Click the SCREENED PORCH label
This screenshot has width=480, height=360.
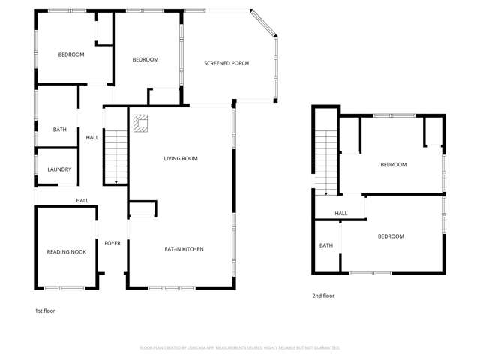pos(226,63)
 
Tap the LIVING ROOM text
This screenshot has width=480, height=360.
pos(181,158)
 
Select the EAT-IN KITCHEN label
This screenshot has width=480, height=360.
pos(184,249)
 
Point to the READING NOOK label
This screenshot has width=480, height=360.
pos(67,252)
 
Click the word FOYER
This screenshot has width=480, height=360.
pos(112,243)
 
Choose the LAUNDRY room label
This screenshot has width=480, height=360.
pos(59,169)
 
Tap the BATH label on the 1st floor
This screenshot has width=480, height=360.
pos(59,130)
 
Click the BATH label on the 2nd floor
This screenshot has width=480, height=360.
pos(326,245)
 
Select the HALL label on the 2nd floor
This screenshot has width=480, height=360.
pos(341,214)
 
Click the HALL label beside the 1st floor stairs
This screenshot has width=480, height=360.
pos(92,137)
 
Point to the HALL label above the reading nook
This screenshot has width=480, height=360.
pos(82,201)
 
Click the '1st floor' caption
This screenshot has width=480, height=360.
pos(45,310)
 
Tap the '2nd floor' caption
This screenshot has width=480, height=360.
pos(323,295)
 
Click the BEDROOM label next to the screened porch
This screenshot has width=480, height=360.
pos(145,60)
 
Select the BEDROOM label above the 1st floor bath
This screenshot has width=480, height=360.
pos(71,55)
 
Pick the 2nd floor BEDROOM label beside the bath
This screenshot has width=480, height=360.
pos(390,236)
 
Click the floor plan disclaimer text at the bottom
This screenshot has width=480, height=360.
pos(240,348)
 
